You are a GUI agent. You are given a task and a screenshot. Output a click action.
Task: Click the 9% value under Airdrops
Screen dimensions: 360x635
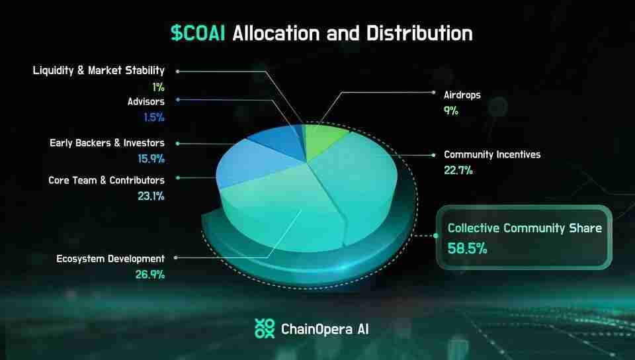click(x=451, y=111)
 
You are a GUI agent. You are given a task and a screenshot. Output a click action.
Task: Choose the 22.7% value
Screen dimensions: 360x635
click(x=458, y=170)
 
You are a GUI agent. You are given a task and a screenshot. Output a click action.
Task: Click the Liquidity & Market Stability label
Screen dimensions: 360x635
click(x=99, y=70)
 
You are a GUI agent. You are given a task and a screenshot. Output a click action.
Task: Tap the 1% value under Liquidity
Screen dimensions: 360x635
click(x=157, y=86)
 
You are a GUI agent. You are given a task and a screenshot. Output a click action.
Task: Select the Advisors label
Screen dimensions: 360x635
click(x=146, y=101)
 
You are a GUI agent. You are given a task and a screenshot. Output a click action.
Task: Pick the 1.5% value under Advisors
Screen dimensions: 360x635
click(x=154, y=117)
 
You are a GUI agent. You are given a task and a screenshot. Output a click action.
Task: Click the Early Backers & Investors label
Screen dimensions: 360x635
click(x=107, y=142)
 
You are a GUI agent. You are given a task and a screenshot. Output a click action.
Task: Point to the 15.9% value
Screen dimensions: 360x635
click(x=151, y=158)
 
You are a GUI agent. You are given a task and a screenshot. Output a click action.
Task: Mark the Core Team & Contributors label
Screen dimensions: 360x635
click(x=106, y=179)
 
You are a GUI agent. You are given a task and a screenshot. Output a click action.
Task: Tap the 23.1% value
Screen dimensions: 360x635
click(x=152, y=196)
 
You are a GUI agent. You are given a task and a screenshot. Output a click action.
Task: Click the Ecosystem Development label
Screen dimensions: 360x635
click(x=110, y=258)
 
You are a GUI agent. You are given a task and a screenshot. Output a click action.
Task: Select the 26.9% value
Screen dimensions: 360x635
click(x=150, y=274)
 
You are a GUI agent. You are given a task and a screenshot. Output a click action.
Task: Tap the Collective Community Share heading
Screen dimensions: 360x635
click(x=525, y=228)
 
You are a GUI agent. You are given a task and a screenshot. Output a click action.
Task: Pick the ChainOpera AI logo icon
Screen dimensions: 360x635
click(x=265, y=328)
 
